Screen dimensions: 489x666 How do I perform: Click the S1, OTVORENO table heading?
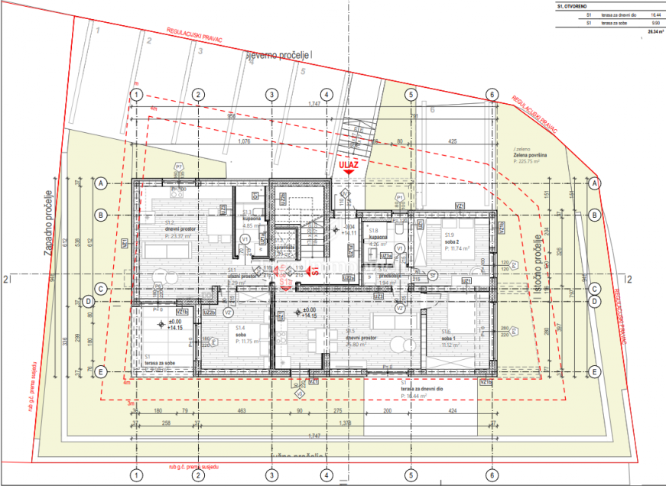click(573, 6)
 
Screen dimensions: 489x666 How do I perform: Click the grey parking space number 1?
click(99, 30)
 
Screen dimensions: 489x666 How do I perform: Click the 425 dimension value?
click(452, 141)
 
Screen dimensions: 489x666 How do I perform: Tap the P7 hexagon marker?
click(178, 166)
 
